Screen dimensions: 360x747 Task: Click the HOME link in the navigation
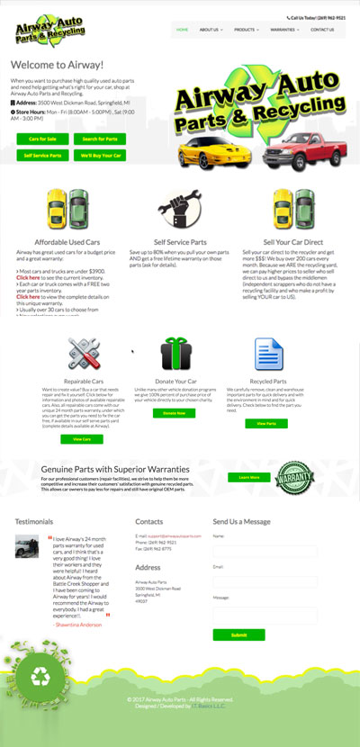pyautogui.click(x=183, y=30)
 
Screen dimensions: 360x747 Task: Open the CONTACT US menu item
pyautogui.click(x=321, y=30)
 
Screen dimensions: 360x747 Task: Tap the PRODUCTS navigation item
pyautogui.click(x=246, y=30)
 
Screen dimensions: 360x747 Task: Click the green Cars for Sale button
pyautogui.click(x=42, y=139)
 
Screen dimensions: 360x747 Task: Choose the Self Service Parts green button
pyautogui.click(x=42, y=156)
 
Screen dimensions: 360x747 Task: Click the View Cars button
pyautogui.click(x=82, y=438)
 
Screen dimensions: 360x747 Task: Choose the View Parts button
pyautogui.click(x=266, y=423)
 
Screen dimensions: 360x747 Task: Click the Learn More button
pyautogui.click(x=249, y=477)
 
